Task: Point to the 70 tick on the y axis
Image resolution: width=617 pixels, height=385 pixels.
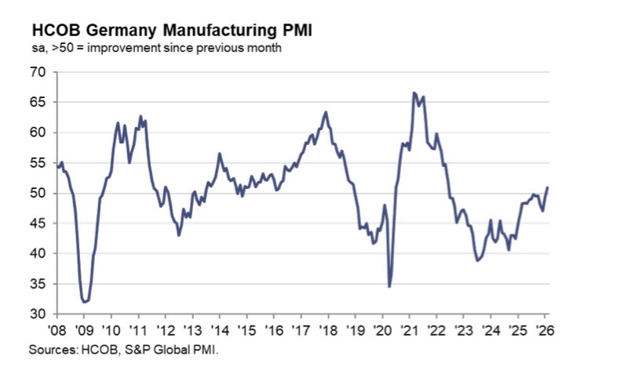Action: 39,72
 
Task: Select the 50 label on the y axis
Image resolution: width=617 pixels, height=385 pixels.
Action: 39,194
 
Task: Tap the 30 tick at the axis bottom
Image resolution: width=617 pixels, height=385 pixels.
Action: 39,314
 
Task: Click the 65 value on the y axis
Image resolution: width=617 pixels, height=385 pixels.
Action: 39,103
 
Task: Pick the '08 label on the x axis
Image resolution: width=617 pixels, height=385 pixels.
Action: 57,330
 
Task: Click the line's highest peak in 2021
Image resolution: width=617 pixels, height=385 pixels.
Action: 414,93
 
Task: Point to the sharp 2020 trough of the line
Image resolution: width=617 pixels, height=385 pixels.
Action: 389,286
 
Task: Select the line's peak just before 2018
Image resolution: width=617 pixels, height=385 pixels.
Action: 326,112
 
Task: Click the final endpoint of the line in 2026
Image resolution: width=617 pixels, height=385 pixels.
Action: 547,187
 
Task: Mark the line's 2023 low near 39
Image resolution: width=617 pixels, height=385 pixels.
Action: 477,260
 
